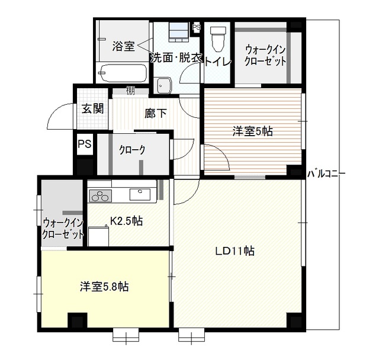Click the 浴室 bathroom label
tap(124, 46)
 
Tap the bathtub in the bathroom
tap(123, 73)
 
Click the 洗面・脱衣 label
tap(176, 58)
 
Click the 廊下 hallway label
tap(155, 113)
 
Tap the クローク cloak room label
tap(131, 150)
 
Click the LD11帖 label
tap(235, 250)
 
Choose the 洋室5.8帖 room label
tap(105, 287)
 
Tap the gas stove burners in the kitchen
tap(99, 195)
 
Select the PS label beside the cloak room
tap(83, 144)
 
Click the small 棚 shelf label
tap(130, 91)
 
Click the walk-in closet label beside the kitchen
tap(63, 228)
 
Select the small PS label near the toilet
tap(197, 27)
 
